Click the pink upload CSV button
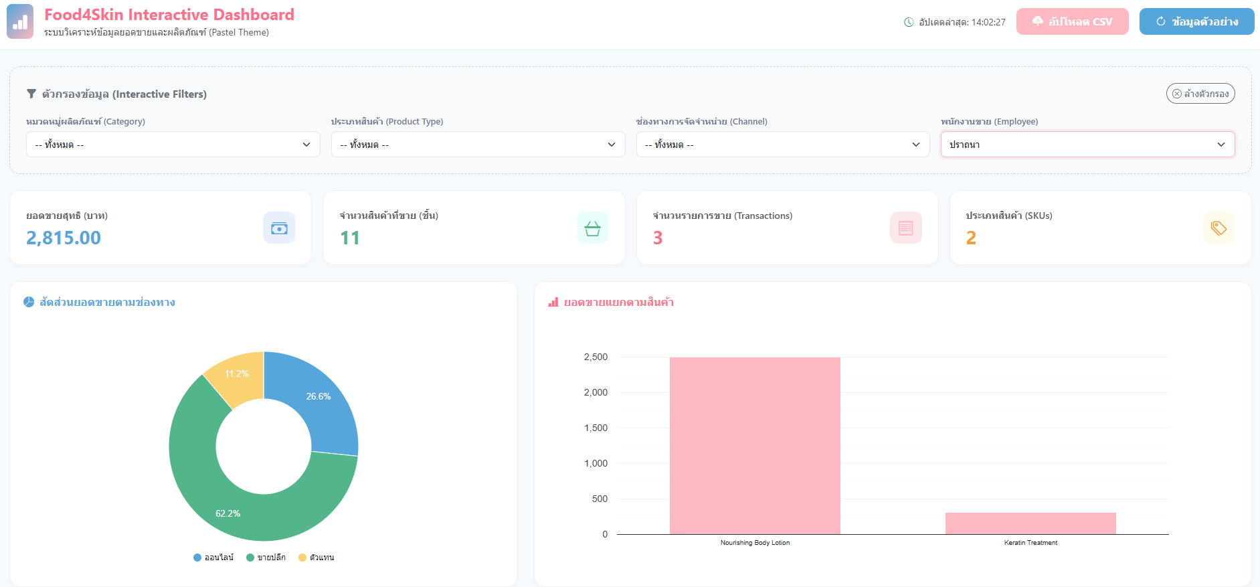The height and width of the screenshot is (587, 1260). [x=1072, y=21]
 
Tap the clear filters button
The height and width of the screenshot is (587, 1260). [x=1200, y=94]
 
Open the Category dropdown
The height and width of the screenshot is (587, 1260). [x=173, y=145]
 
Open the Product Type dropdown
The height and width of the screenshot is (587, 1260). [x=478, y=145]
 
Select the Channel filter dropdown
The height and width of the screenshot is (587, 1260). [x=783, y=145]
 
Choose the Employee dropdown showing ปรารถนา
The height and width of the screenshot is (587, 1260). [x=1088, y=145]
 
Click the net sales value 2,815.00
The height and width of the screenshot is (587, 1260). [x=64, y=238]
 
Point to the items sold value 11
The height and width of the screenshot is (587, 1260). [x=350, y=238]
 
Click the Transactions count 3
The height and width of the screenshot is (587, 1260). [x=658, y=238]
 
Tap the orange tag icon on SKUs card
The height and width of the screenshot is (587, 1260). [x=1219, y=228]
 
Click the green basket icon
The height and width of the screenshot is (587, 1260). [x=592, y=228]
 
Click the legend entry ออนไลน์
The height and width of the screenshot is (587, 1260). [x=213, y=558]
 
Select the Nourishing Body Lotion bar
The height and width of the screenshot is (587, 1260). [x=755, y=446]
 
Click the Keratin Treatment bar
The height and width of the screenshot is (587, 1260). [x=1030, y=523]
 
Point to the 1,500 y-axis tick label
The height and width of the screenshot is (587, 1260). [x=596, y=428]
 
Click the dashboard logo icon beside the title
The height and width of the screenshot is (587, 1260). [x=20, y=21]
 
